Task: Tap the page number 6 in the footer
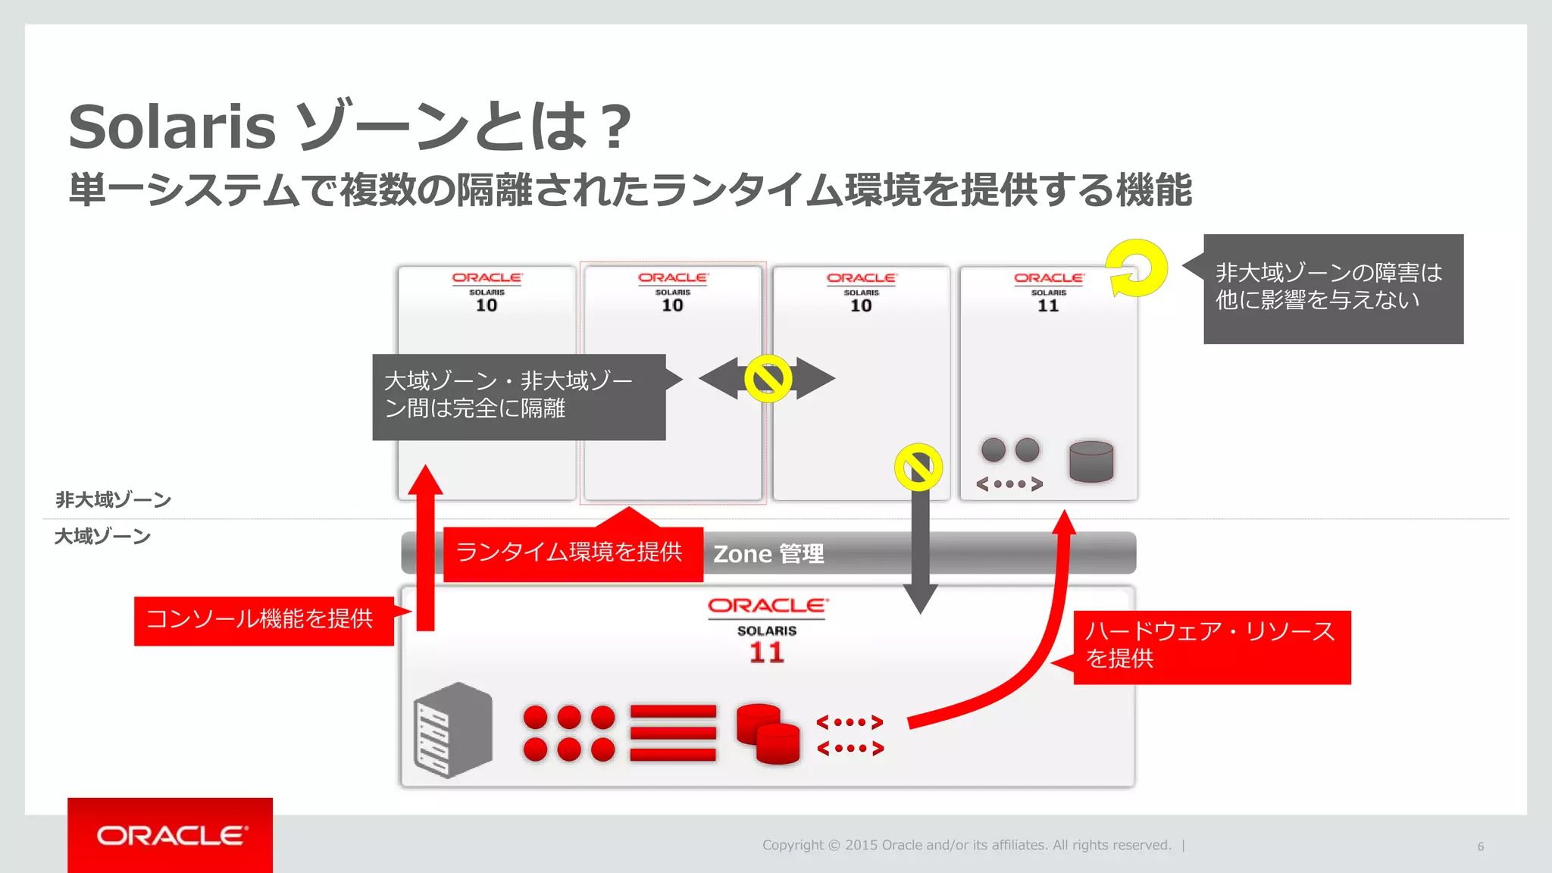point(1480,846)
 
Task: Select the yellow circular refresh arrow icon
point(1136,268)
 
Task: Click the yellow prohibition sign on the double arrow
point(768,378)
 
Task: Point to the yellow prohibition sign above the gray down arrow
point(918,467)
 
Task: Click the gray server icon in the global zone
point(453,730)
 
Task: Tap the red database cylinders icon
point(768,734)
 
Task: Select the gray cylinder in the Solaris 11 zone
point(1090,461)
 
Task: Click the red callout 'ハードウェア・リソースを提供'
point(1211,646)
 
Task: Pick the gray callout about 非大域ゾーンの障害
point(1332,288)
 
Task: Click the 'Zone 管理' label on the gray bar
point(768,554)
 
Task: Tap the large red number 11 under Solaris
point(766,652)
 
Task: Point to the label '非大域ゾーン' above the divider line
point(113,499)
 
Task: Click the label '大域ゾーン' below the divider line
point(102,537)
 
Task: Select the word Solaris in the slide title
point(172,127)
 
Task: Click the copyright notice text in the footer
point(966,845)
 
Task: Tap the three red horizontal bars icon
point(672,733)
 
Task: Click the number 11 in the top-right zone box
point(1048,305)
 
